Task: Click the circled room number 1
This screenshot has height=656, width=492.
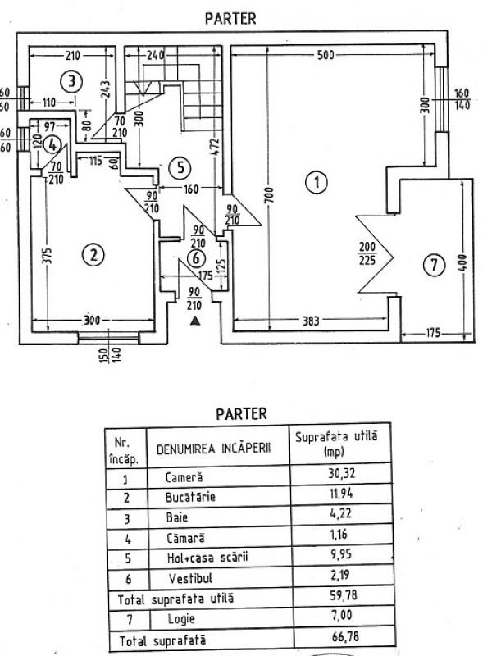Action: pyautogui.click(x=314, y=182)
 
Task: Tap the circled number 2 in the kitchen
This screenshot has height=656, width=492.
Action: pyautogui.click(x=94, y=255)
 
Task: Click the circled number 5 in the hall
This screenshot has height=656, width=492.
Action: pyautogui.click(x=182, y=167)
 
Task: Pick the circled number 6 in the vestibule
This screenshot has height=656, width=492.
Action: pyautogui.click(x=194, y=257)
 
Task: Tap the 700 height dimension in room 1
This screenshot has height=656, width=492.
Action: pyautogui.click(x=267, y=197)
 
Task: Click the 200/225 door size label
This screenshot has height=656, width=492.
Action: pyautogui.click(x=366, y=255)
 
